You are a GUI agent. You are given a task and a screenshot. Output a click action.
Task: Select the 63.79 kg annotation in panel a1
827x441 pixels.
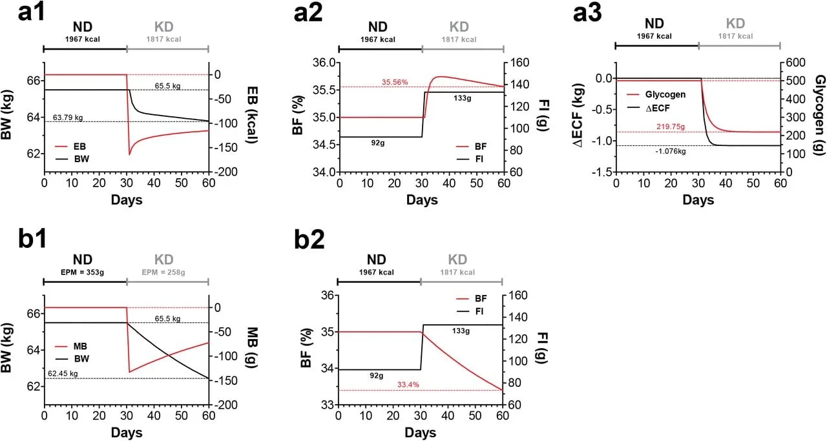68,118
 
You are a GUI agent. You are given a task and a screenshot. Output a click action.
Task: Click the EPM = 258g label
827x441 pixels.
163,272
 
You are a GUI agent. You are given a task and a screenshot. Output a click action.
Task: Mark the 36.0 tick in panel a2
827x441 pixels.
321,63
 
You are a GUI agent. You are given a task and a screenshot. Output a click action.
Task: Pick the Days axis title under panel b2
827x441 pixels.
420,432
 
